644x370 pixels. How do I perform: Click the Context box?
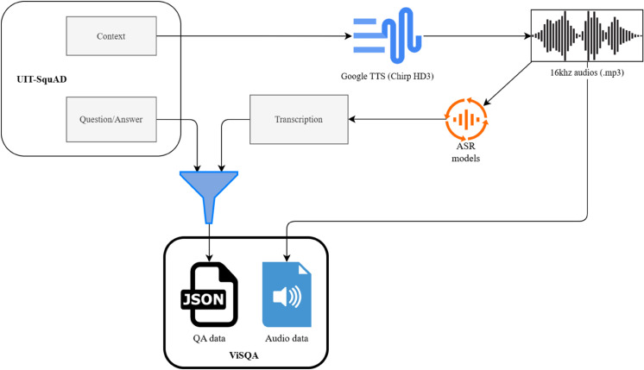pos(111,36)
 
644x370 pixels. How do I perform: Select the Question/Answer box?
pos(111,119)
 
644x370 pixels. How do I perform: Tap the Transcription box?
pos(299,119)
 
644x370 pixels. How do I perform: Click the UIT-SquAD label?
pos(41,79)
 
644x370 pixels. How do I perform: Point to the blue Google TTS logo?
pos(388,35)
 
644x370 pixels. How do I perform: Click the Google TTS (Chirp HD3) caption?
pos(388,76)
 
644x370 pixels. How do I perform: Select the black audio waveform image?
pos(587,35)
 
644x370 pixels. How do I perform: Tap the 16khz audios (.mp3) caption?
pos(587,72)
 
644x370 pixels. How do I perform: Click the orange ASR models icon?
pos(466,119)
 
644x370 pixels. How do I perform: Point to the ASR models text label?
pos(466,152)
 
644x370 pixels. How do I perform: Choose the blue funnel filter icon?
pos(209,198)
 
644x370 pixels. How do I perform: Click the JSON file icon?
pos(209,294)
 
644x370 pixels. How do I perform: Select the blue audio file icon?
pos(287,294)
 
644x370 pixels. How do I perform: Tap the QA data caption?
pos(209,338)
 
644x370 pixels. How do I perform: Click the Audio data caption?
pos(287,338)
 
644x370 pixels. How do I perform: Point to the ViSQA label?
pos(244,355)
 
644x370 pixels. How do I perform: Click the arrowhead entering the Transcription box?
pos(351,119)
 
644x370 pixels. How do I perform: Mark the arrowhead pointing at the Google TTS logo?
pos(348,36)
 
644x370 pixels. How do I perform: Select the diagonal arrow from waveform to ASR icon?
pos(508,85)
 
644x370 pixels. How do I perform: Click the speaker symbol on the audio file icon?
pos(287,296)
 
